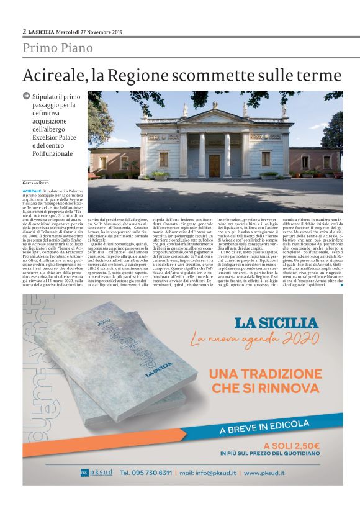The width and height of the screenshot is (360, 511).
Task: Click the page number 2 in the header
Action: pos(24,31)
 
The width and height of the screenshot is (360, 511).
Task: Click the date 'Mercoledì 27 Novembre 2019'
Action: pos(90,32)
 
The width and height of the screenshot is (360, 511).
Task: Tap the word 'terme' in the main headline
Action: pos(314,76)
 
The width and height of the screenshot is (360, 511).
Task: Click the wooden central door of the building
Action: pos(214,166)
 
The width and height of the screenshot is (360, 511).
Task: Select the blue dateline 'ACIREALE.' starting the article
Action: pos(35,191)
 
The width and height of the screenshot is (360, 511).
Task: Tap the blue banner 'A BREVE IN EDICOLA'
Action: pos(274,425)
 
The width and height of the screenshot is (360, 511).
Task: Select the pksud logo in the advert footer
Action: pos(97,473)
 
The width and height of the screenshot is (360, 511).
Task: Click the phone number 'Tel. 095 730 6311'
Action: pos(146,473)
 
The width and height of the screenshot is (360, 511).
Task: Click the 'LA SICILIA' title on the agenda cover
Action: pos(156,373)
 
